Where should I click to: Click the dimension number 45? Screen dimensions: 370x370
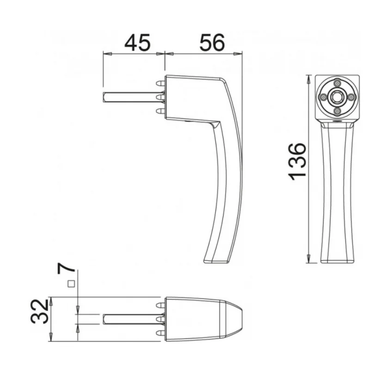pos(137,43)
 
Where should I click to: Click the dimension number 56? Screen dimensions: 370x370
pos(212,43)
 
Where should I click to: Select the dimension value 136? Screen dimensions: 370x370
pos(297,161)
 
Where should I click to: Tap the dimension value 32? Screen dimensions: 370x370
pos(39,311)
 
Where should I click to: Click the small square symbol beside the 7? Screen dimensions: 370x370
pos(71,284)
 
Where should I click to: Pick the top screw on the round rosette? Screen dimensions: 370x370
pos(337,83)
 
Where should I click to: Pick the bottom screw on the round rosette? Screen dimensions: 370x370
pos(337,111)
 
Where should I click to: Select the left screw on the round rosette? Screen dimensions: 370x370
pos(323,97)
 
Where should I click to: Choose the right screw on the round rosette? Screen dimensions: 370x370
pos(351,97)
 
